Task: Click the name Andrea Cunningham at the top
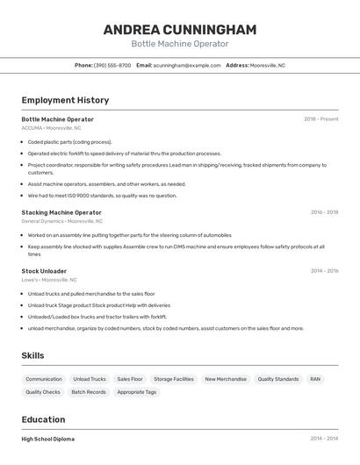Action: [179, 30]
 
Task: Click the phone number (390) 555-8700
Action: [112, 65]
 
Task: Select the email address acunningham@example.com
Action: [187, 65]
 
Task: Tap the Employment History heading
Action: [65, 100]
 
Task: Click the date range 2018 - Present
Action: [320, 119]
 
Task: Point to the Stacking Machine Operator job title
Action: [61, 212]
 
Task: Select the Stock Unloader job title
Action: [44, 271]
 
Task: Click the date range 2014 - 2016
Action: [323, 271]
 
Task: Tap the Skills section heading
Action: [33, 355]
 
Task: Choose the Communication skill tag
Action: [44, 379]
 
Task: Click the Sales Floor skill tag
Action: [130, 379]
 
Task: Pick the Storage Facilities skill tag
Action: [173, 379]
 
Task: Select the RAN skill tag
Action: [315, 379]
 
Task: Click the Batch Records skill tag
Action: [89, 392]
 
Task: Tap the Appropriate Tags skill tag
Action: [136, 392]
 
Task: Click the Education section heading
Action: [43, 419]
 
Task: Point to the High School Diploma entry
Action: [48, 439]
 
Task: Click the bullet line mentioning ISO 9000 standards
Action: [102, 196]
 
